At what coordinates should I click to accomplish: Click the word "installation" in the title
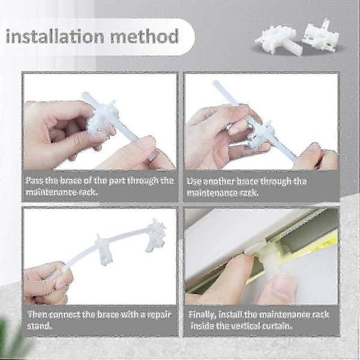(55, 36)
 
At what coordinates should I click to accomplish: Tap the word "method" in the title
(145, 36)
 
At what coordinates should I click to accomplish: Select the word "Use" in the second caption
(194, 181)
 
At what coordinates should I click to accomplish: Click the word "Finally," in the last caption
(202, 314)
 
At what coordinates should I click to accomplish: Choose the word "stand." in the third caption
(39, 326)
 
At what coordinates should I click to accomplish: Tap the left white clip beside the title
(275, 40)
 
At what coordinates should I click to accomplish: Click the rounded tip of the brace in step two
(215, 83)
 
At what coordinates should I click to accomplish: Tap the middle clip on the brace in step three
(103, 249)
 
